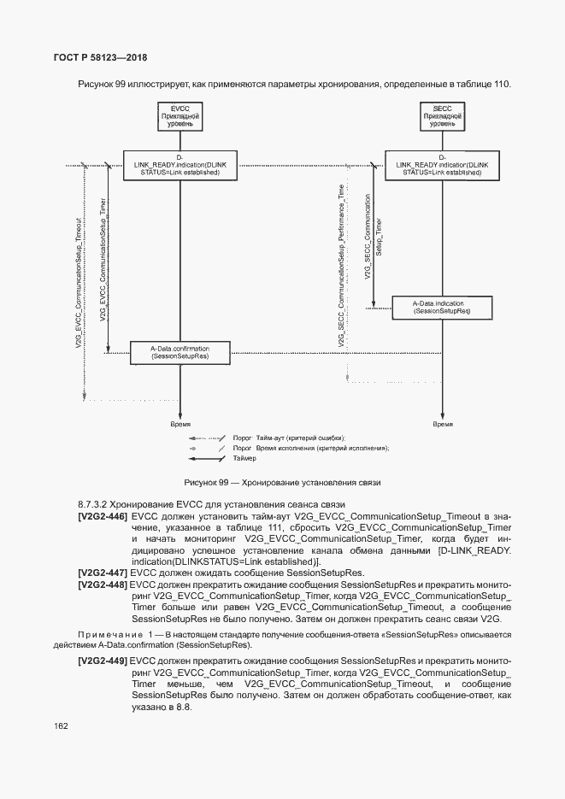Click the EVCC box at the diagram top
(180, 117)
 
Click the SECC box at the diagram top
(442, 117)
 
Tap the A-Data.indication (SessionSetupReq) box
(442, 308)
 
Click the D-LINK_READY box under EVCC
(180, 165)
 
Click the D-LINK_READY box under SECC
(442, 165)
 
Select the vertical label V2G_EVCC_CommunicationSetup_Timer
(103, 261)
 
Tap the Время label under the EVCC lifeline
(180, 423)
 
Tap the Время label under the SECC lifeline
(443, 423)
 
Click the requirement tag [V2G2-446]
(102, 517)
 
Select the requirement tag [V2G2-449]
(102, 661)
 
